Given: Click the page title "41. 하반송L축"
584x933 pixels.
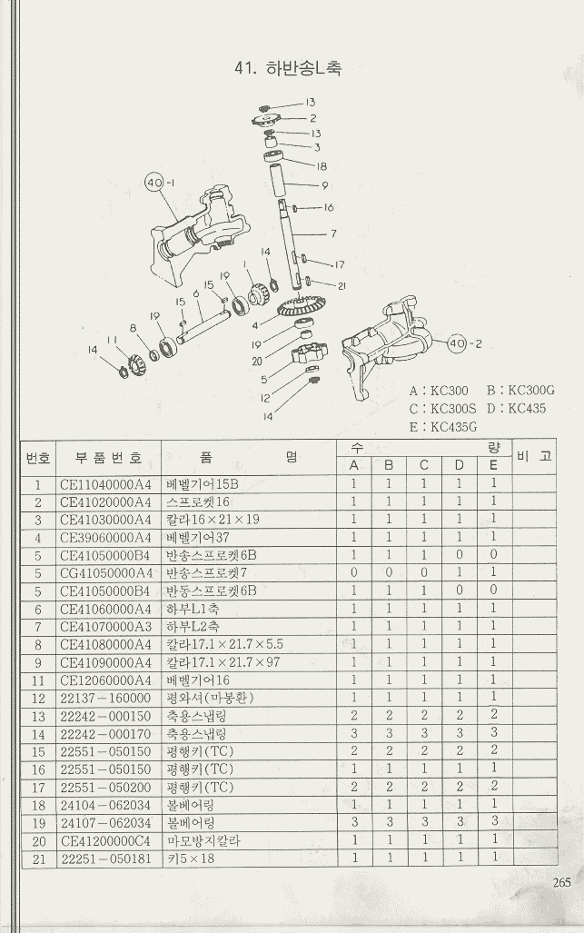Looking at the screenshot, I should point(288,68).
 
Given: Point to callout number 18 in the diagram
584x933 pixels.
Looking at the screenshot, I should point(322,167).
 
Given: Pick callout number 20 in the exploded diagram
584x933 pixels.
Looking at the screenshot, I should point(257,361).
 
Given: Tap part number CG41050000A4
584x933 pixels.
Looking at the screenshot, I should point(106,572).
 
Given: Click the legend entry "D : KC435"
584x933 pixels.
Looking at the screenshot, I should point(517,409).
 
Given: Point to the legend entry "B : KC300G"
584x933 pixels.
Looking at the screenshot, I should point(520,391).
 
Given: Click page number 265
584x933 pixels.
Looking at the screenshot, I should point(560,879).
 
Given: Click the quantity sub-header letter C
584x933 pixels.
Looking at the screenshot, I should point(423,466).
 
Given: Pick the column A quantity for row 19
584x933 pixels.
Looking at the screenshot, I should point(354,823).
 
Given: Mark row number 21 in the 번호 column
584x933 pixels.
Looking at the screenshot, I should point(38,858).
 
